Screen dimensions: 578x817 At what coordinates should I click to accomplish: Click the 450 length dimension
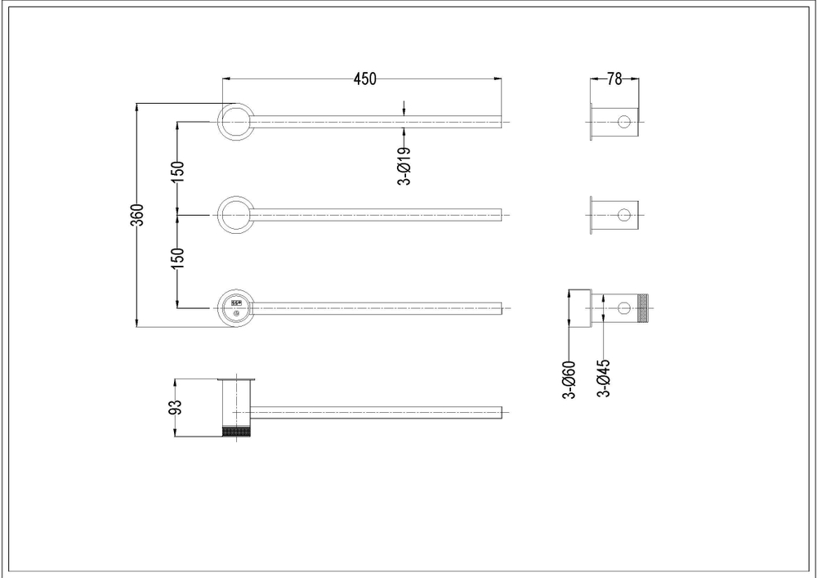coord(364,78)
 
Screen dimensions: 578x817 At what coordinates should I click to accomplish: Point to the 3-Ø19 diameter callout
coord(404,167)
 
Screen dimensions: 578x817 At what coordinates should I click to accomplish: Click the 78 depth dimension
coord(614,78)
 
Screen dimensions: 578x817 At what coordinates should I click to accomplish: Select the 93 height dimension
coord(175,408)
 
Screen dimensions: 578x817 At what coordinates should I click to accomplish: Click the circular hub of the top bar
coord(235,122)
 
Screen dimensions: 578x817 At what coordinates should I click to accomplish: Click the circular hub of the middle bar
coord(235,215)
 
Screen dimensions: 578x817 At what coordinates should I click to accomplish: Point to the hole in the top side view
coord(624,122)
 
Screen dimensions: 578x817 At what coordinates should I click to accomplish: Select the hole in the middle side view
coord(624,215)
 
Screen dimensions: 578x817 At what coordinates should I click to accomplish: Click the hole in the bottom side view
coord(624,308)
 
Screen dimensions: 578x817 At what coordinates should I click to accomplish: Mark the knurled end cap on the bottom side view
coord(643,308)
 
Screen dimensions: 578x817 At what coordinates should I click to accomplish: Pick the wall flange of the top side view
coord(591,122)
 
